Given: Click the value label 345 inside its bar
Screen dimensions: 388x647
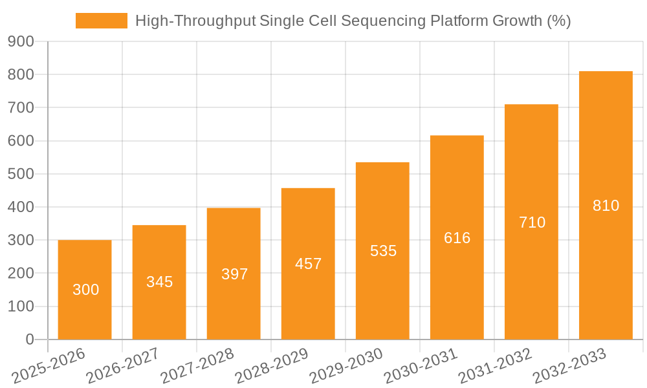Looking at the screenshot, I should click(x=159, y=282).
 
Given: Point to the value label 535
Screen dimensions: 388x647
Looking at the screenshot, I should click(x=383, y=251).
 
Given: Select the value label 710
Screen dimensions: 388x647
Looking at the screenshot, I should click(x=532, y=222).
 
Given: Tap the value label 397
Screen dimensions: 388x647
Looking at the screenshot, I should click(x=234, y=274).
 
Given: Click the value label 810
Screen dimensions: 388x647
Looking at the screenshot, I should click(x=606, y=206).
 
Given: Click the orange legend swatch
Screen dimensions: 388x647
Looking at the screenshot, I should click(x=102, y=21).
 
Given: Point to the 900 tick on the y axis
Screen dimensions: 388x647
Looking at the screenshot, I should click(x=21, y=41).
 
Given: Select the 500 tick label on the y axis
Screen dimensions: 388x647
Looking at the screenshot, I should click(x=21, y=174).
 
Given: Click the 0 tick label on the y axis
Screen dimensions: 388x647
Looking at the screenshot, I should click(x=29, y=339).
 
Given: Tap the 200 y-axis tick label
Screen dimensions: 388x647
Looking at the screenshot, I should click(x=21, y=273).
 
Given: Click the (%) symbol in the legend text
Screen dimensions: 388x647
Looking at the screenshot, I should click(x=558, y=21).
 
